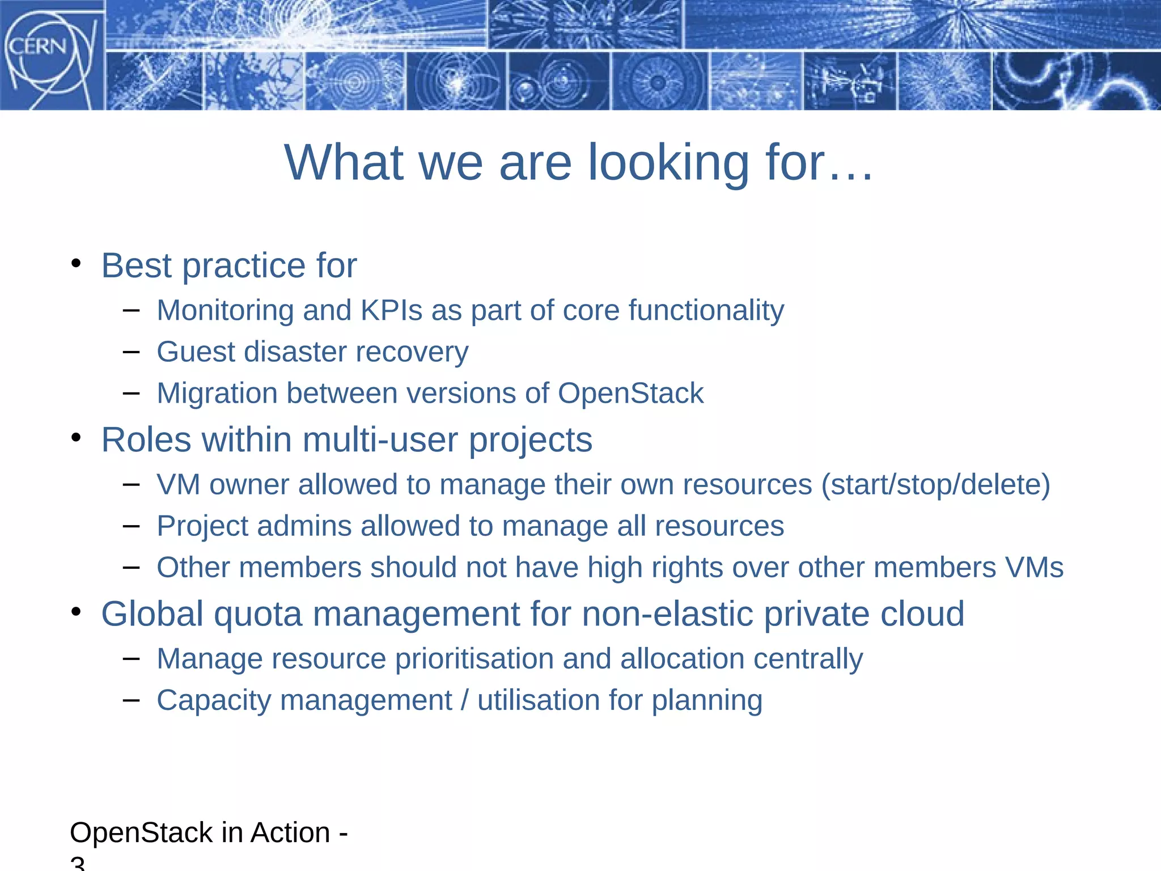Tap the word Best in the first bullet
coord(136,265)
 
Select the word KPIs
coord(391,310)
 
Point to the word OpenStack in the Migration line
coord(630,393)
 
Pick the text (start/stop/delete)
coord(935,484)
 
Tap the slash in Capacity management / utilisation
coord(465,700)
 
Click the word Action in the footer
coord(290,832)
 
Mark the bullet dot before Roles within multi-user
coord(77,438)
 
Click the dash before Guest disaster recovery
coord(131,352)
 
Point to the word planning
coord(706,700)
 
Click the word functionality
coord(706,310)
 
